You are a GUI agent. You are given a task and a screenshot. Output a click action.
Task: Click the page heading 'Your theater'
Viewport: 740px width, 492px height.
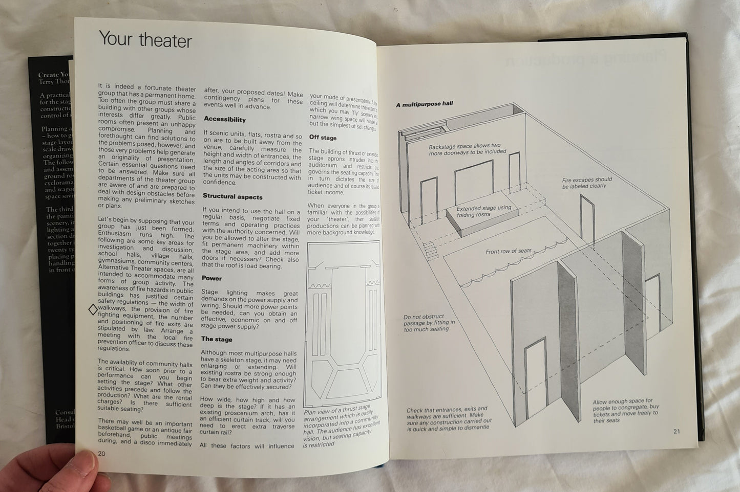(x=145, y=40)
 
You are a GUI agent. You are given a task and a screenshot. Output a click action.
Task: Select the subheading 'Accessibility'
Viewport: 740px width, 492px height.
(x=224, y=120)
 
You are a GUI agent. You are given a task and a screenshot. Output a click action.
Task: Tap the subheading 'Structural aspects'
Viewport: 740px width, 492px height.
(x=232, y=197)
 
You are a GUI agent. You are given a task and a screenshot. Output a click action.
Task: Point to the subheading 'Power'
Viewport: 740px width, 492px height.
(x=212, y=279)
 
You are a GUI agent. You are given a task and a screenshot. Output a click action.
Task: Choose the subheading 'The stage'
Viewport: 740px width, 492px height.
(x=216, y=339)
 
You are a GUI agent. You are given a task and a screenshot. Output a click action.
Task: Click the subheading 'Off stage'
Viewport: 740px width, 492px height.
(x=323, y=138)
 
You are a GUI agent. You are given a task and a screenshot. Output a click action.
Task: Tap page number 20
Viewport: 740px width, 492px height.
(x=101, y=453)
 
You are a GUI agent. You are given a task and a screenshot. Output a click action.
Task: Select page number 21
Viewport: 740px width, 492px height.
(x=676, y=431)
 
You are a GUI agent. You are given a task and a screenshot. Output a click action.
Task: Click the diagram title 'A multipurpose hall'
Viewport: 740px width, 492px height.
(x=424, y=104)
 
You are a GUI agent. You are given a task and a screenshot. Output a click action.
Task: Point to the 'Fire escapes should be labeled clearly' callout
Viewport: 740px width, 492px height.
(x=586, y=183)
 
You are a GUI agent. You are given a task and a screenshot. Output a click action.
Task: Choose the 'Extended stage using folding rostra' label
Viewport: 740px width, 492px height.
(x=483, y=211)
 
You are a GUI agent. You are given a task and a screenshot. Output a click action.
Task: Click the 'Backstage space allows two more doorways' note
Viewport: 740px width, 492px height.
(x=467, y=149)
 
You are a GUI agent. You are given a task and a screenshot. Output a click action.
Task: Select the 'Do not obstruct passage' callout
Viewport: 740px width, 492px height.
(x=429, y=323)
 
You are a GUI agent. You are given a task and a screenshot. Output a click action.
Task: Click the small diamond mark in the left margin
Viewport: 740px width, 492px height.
(x=93, y=309)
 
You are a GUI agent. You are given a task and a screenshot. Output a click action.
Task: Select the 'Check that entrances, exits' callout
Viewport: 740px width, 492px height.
(x=449, y=418)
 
